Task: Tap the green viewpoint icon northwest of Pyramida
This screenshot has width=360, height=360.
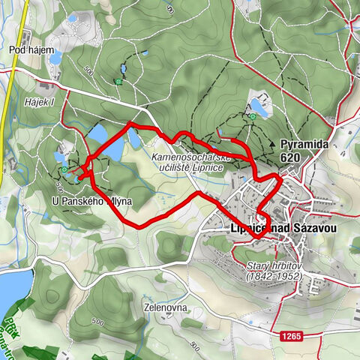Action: pos(253,116)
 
